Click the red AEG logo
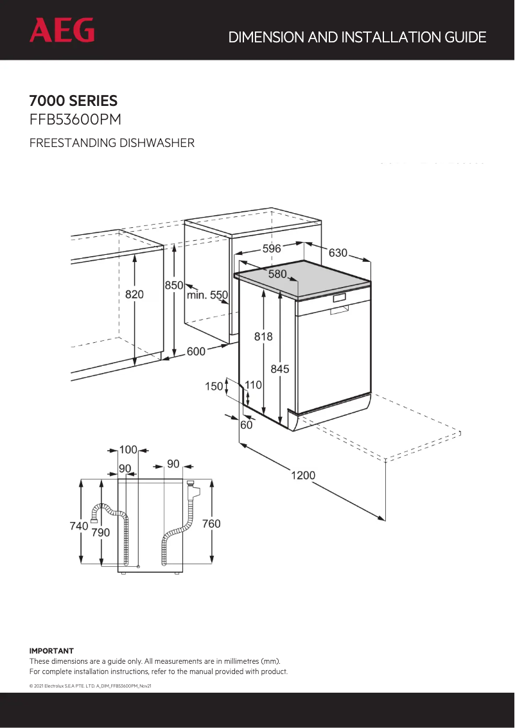coord(62,30)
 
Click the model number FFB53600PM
coord(75,120)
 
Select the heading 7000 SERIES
coord(73,101)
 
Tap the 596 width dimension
coord(271,249)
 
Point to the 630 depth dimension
coord(338,253)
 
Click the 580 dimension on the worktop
coord(277,274)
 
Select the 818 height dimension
coord(263,336)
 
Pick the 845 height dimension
coord(280,368)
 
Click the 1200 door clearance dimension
coord(303,475)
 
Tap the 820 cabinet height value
coord(134,294)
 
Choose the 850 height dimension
coord(174,285)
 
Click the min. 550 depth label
coord(207,295)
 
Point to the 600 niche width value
coord(196,351)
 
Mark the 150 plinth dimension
coord(214,386)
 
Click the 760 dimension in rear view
coord(211,524)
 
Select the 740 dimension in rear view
coord(78,526)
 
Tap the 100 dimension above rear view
coord(128,449)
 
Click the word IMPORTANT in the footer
coord(51,651)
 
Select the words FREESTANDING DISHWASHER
coord(112,143)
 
